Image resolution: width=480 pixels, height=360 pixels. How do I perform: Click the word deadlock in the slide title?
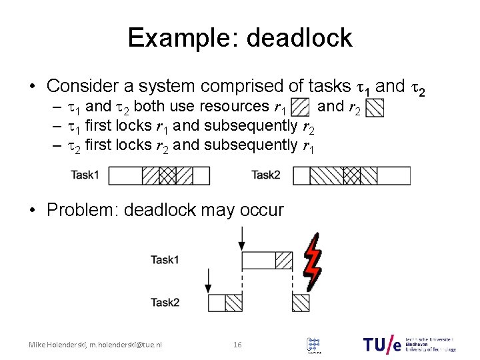[x=299, y=38]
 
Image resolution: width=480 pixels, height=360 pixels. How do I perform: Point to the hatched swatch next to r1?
[x=300, y=107]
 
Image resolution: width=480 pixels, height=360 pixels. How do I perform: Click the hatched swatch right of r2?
[x=375, y=107]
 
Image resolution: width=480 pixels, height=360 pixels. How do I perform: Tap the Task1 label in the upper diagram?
[x=86, y=175]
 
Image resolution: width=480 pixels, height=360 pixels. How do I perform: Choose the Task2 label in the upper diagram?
[x=265, y=175]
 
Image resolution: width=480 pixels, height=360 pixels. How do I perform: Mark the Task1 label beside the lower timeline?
[x=165, y=260]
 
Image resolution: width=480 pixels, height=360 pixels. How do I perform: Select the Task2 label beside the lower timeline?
[x=165, y=303]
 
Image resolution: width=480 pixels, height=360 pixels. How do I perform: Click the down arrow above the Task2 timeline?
[x=209, y=281]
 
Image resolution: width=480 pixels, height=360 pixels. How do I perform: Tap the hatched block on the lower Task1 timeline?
[x=284, y=260]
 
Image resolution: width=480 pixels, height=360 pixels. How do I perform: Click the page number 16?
[x=237, y=345]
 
